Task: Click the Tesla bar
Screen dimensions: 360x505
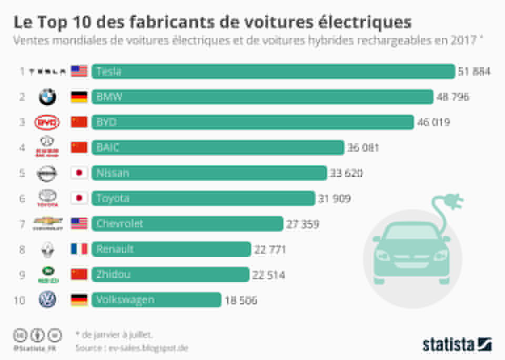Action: pyautogui.click(x=273, y=71)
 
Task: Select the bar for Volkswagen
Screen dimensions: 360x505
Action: pyautogui.click(x=156, y=300)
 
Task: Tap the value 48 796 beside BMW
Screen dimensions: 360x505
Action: pyautogui.click(x=452, y=97)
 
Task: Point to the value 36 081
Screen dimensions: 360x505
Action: pyautogui.click(x=363, y=148)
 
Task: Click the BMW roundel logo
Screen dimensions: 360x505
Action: pyautogui.click(x=47, y=97)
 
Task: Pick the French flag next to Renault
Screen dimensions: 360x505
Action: pyautogui.click(x=79, y=249)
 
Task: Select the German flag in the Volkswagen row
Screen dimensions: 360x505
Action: pyautogui.click(x=79, y=300)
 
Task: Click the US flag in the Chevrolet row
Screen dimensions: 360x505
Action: pyautogui.click(x=79, y=224)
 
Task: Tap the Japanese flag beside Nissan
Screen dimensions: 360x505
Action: pyautogui.click(x=79, y=173)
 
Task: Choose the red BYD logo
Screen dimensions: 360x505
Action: pyautogui.click(x=47, y=123)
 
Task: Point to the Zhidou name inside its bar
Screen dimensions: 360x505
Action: pyautogui.click(x=113, y=274)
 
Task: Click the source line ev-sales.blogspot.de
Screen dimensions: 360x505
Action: pyautogui.click(x=132, y=348)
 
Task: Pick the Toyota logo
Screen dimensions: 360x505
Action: pyautogui.click(x=47, y=198)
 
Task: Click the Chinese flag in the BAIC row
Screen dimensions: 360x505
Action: pyautogui.click(x=79, y=147)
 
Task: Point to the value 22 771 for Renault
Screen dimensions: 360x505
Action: pyautogui.click(x=270, y=249)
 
